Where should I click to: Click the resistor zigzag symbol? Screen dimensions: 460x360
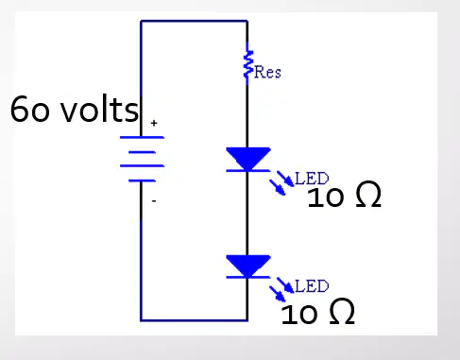click(247, 64)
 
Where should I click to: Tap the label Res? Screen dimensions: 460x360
click(267, 72)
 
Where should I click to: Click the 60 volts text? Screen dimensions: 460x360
click(75, 109)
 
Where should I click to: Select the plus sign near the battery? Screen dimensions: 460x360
click(154, 123)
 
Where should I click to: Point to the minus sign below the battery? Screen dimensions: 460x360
click(154, 200)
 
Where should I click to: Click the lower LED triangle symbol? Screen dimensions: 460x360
click(248, 266)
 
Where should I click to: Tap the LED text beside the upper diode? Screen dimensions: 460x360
click(312, 179)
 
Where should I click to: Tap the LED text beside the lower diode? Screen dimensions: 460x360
click(312, 286)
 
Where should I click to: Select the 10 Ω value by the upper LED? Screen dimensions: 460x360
click(344, 196)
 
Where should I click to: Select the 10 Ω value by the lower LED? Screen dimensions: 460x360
click(317, 312)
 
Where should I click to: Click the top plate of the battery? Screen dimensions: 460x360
click(142, 137)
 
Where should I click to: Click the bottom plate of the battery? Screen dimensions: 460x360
click(142, 180)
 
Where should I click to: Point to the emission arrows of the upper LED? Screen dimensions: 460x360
click(281, 182)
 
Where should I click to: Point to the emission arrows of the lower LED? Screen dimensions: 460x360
click(281, 289)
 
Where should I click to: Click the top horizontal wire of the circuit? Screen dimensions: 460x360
click(194, 21)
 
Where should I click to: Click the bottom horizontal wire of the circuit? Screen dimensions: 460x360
click(194, 320)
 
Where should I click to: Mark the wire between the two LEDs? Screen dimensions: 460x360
click(247, 214)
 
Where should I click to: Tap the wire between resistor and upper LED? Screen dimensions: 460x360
click(247, 116)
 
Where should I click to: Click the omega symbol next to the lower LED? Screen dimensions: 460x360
click(342, 311)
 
